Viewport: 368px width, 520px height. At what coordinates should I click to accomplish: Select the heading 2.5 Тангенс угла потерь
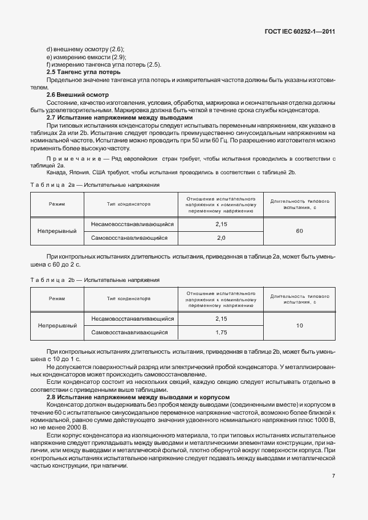coord(83,72)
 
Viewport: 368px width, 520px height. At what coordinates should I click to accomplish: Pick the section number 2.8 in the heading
coord(51,396)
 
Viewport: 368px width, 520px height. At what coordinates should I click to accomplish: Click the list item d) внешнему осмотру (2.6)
coord(85,50)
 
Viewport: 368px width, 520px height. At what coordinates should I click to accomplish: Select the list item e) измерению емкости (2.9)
coord(85,57)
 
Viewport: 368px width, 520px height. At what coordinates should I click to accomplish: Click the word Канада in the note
coord(56,172)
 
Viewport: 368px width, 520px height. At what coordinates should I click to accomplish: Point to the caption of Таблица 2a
coord(95,185)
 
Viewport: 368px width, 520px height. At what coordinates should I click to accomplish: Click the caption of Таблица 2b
coord(95,280)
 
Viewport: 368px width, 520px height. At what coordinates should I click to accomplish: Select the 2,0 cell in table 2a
coord(222,238)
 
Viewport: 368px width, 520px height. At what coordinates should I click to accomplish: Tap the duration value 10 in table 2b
coord(300,326)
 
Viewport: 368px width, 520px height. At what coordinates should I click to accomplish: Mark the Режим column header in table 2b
coord(57,298)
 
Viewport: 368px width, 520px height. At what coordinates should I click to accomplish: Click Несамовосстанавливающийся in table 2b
coord(129,319)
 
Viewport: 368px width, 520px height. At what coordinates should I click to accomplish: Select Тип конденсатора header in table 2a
coord(129,203)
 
